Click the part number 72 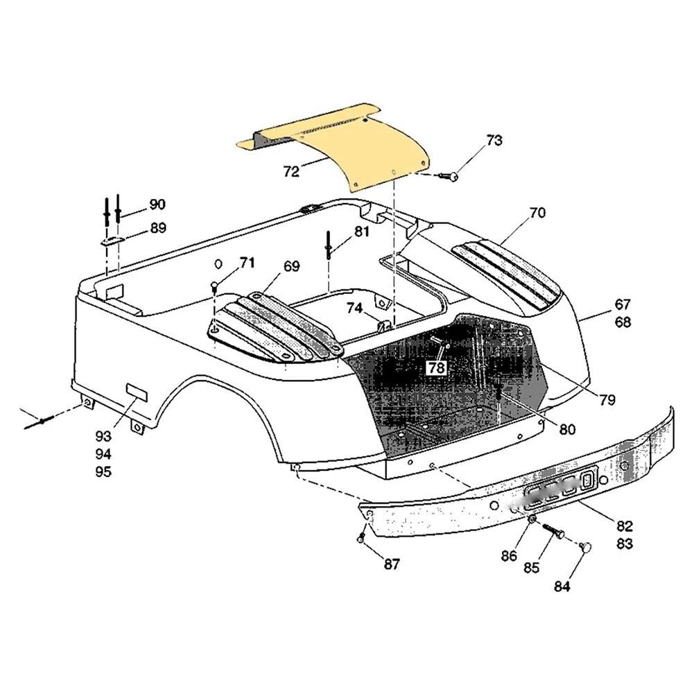(x=291, y=171)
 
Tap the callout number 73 (x=494, y=141)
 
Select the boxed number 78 (x=436, y=368)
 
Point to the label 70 (x=537, y=213)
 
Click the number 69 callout (x=291, y=266)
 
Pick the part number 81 (x=362, y=232)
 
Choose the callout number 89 (x=158, y=227)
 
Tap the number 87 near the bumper (x=392, y=564)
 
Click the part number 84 (x=562, y=587)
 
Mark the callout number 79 (x=607, y=399)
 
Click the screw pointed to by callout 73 (x=451, y=178)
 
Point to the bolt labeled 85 (x=553, y=533)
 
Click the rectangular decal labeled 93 (x=135, y=394)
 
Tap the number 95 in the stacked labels (x=103, y=472)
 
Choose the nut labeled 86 (x=531, y=520)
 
